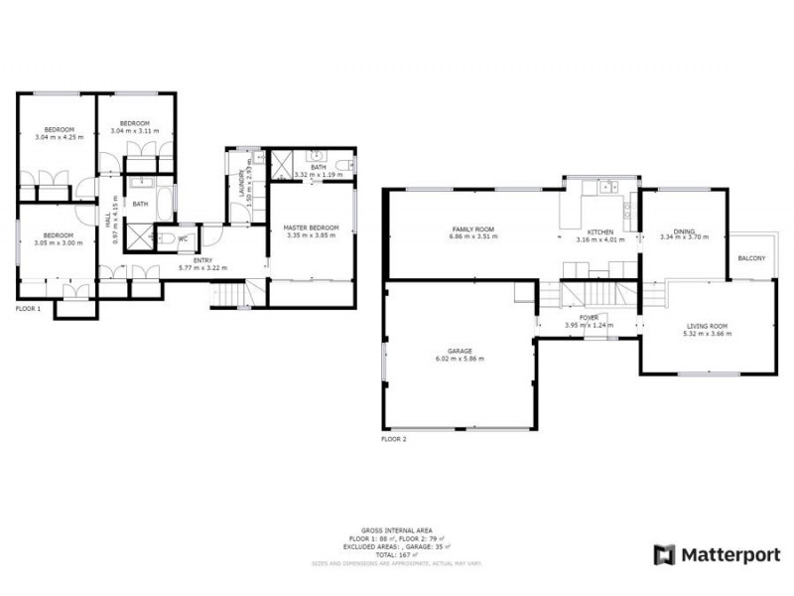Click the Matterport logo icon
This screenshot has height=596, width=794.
pos(664,555)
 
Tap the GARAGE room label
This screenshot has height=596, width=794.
pos(459,351)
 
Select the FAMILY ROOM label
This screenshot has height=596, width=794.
pos(471,229)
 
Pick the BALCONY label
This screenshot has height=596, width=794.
pos(751,258)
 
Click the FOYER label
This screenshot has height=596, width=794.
pos(589,318)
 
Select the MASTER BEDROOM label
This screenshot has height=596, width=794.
pos(311,227)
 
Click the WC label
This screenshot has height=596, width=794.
pos(184,238)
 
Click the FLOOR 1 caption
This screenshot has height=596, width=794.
pos(28,310)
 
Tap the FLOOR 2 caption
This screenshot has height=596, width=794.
pos(394,438)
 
